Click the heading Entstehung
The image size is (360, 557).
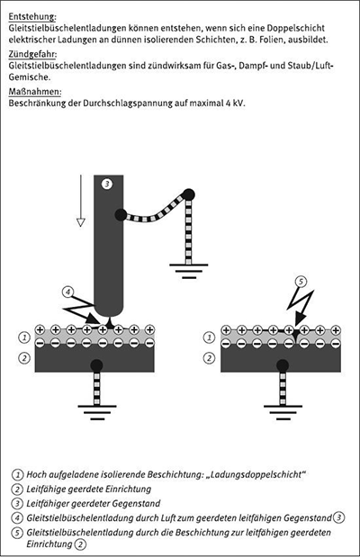[32, 17]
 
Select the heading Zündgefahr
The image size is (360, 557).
[32, 54]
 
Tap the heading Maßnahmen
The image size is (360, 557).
[35, 92]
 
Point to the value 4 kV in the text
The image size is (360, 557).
[235, 103]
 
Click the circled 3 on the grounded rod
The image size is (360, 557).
[106, 184]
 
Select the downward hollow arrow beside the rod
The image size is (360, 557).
[81, 201]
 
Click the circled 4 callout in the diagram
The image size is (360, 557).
[67, 292]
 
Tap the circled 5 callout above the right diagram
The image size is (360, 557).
[301, 282]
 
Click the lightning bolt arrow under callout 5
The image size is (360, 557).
[301, 306]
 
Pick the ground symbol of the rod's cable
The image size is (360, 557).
[188, 271]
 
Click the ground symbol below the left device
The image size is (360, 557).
[97, 412]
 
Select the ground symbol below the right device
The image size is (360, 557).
[283, 412]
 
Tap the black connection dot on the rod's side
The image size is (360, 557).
[121, 215]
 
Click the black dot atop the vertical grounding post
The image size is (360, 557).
[188, 194]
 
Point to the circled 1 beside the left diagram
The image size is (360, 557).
[24, 337]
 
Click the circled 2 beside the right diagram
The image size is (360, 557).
[209, 358]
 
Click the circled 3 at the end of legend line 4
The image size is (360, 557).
[339, 518]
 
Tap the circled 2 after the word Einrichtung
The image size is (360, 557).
[81, 544]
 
